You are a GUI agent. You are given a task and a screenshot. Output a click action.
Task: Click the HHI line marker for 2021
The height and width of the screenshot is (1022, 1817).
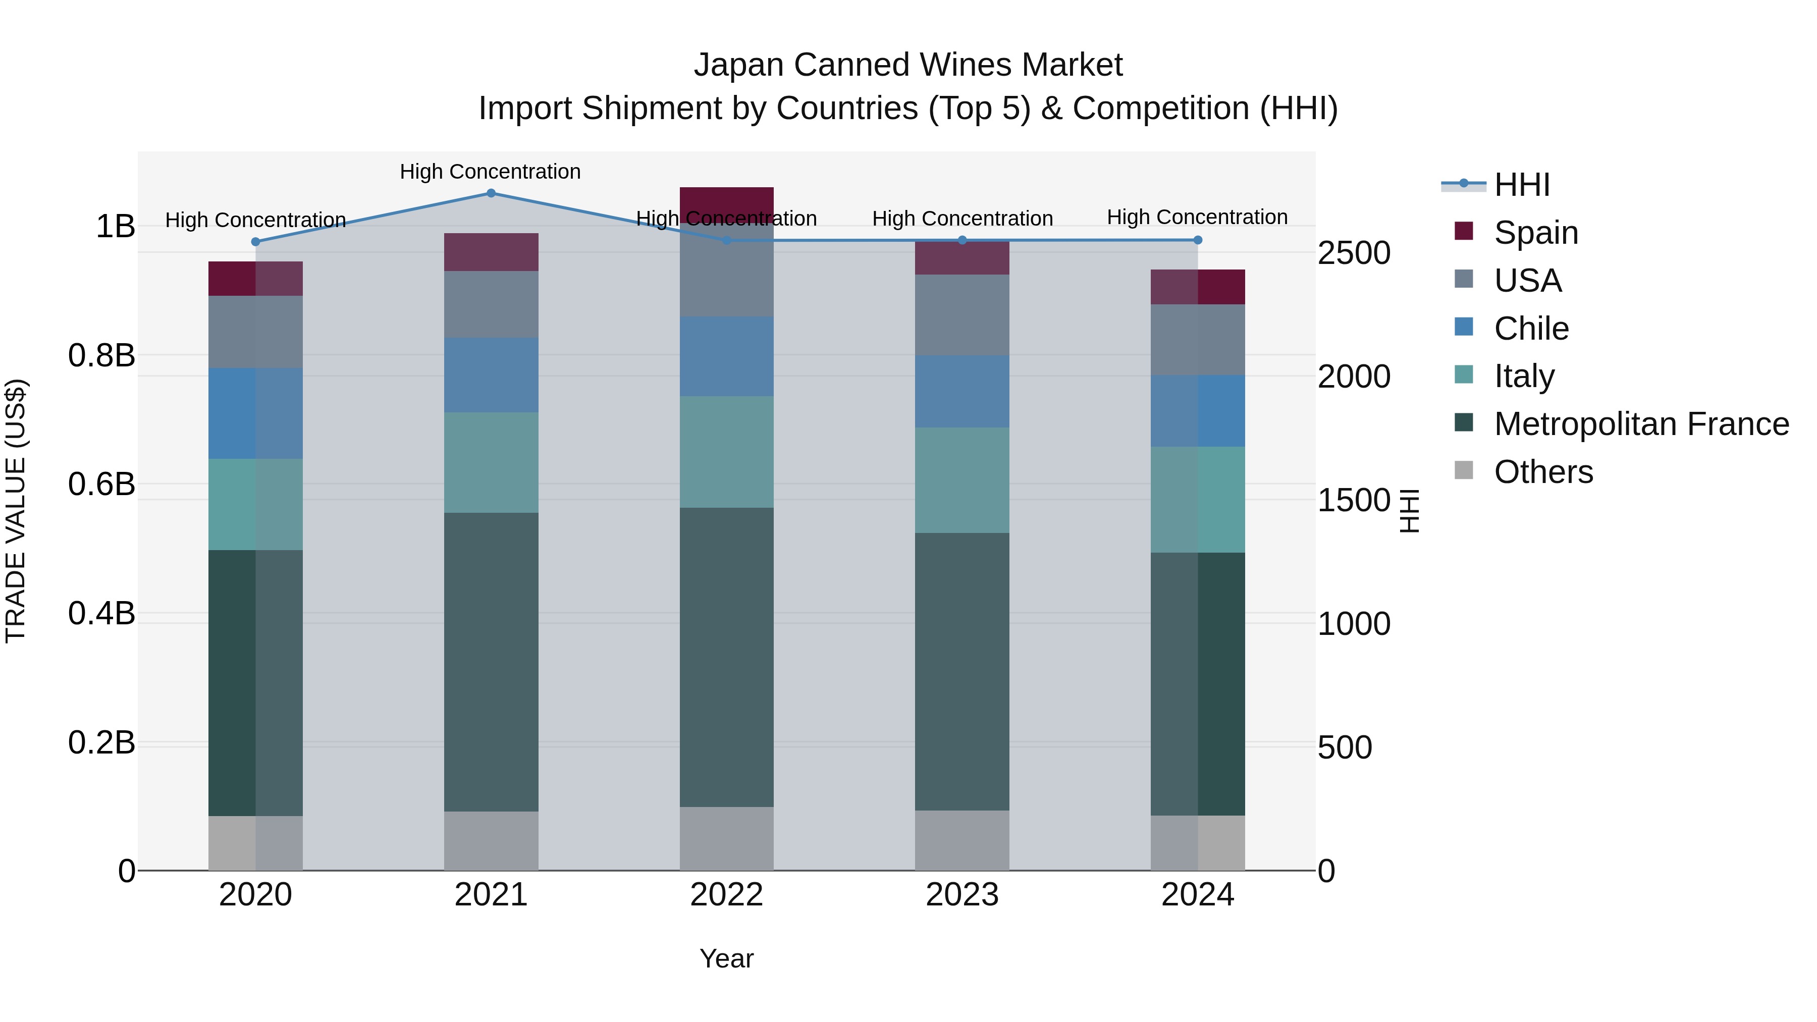(x=491, y=193)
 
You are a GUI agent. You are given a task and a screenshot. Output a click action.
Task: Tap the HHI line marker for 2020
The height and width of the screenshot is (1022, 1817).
(x=255, y=242)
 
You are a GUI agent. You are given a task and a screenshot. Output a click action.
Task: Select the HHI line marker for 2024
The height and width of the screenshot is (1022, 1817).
(x=1198, y=241)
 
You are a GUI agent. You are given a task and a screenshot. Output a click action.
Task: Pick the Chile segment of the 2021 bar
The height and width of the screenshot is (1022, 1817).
(x=491, y=374)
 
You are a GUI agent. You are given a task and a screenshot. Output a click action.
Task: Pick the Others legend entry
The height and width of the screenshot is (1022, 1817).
(x=1543, y=472)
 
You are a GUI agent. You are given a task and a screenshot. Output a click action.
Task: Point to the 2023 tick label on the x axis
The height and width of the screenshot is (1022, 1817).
(x=962, y=895)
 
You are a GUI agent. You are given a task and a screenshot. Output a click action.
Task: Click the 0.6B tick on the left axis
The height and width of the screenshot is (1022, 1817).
(x=101, y=485)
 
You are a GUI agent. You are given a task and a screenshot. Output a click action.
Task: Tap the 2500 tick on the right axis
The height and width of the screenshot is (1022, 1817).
(x=1354, y=253)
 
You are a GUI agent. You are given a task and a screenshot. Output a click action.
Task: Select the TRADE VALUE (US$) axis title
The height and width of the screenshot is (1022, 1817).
(x=16, y=511)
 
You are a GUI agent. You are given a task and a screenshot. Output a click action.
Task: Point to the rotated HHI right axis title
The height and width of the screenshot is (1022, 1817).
(x=1409, y=511)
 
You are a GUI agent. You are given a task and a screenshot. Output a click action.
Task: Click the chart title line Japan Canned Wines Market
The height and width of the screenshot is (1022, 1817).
(x=908, y=65)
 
